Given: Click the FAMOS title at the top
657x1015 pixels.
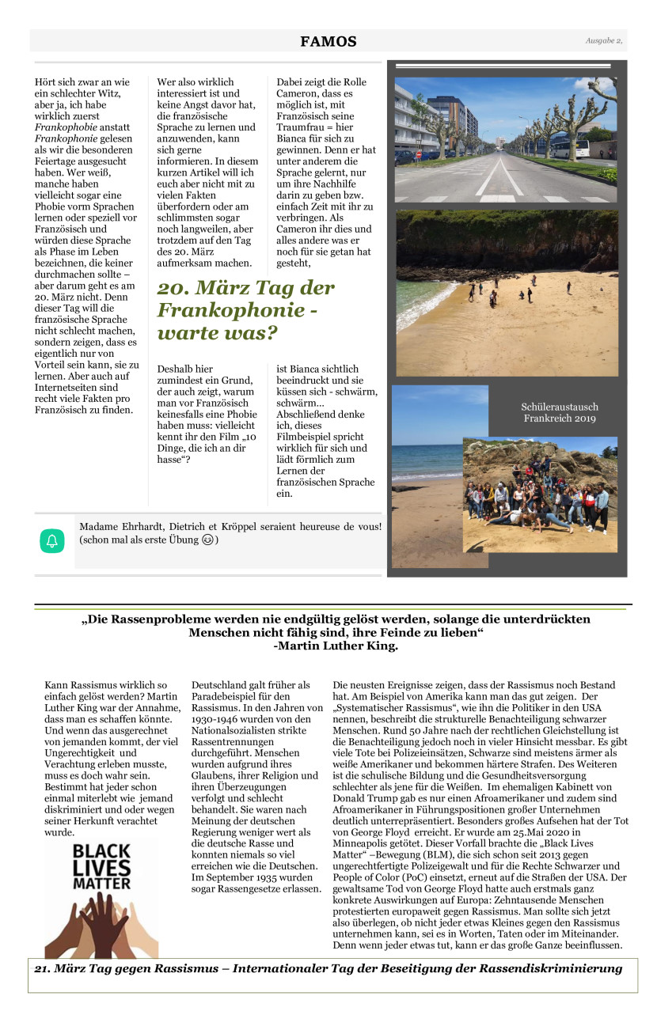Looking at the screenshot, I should (328, 42).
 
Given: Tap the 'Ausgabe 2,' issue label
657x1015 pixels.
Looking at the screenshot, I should (604, 40).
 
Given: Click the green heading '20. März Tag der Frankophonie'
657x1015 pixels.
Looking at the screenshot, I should (246, 310).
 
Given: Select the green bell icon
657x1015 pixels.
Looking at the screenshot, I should (52, 541).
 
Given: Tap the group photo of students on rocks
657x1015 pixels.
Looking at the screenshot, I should (540, 494).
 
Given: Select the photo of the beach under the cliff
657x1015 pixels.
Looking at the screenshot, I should (507, 293).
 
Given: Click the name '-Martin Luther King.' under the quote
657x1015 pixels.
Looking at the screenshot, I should (336, 646).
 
